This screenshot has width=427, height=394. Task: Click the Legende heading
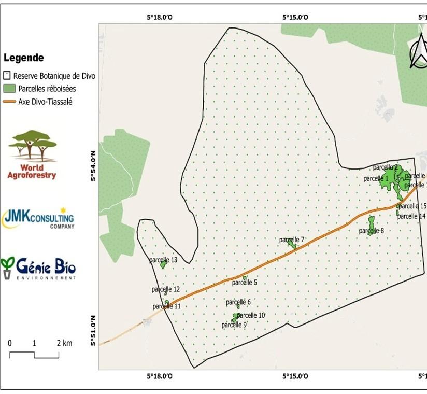coord(24,58)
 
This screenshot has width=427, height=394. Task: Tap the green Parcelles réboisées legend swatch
coord(8,89)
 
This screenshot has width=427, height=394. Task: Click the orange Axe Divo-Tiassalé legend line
coord(9,102)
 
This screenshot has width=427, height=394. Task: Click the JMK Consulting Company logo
coord(38,218)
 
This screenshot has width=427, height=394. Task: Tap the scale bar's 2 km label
coord(64,343)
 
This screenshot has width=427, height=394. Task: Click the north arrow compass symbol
coord(419,54)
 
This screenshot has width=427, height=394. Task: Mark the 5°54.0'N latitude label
coord(94,165)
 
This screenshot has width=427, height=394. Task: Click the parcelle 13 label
coord(164,260)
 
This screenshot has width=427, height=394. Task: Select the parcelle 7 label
coord(292,240)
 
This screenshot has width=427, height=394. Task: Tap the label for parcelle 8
coord(372,231)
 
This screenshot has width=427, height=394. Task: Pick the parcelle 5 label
coord(245,283)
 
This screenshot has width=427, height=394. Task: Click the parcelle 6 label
coord(238,302)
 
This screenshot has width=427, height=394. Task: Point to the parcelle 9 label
coord(234,325)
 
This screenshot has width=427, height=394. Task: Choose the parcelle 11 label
coord(167,306)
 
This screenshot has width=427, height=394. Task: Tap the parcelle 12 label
coord(166,289)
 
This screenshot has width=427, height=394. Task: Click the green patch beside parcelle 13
coord(163,265)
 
